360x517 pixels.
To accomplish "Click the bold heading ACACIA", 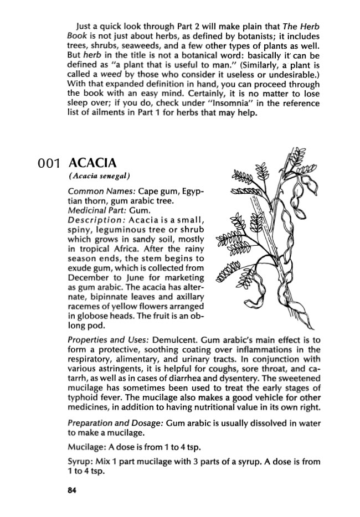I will [x=91, y=164].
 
